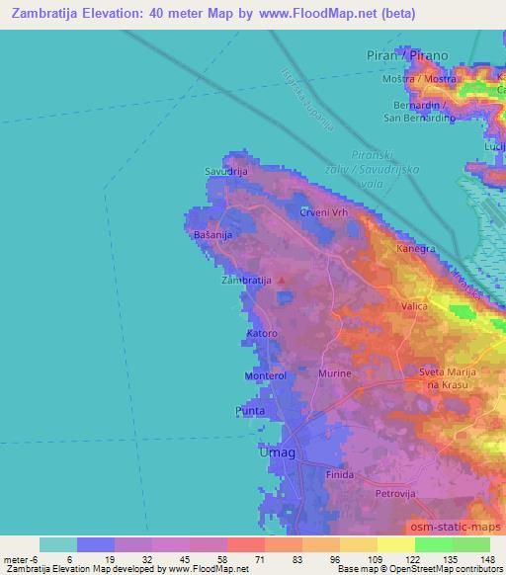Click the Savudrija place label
coord(225,171)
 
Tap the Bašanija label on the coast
coord(212,236)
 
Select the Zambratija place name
coord(246,281)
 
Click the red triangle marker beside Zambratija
coord(282,280)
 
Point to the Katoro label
coord(261,335)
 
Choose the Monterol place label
coord(264,376)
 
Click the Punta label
coord(251,409)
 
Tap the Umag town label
coord(277,452)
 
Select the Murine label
coord(334,374)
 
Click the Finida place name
coord(340,475)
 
